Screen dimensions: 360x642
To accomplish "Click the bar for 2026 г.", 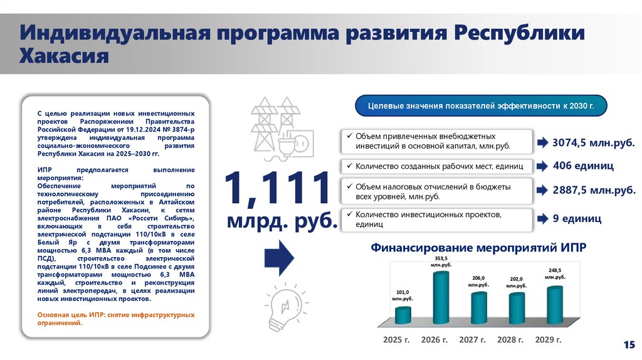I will tap(441, 297).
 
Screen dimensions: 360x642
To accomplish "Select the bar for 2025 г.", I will tap(403, 315).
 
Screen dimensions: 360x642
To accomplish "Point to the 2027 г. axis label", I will tap(474, 340).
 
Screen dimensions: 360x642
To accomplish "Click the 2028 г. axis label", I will tap(512, 340).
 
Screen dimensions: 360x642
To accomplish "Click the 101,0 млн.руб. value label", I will tap(403, 295).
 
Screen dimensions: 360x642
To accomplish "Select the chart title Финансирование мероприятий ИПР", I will tap(478, 248).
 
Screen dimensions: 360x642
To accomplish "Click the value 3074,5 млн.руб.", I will tap(593, 144).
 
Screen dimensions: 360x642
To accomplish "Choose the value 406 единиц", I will tap(582, 166).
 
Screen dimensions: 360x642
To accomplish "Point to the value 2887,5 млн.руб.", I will tap(593, 190).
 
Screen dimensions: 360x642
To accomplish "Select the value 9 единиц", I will tap(577, 219).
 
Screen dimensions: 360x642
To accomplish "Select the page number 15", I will tap(628, 344).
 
